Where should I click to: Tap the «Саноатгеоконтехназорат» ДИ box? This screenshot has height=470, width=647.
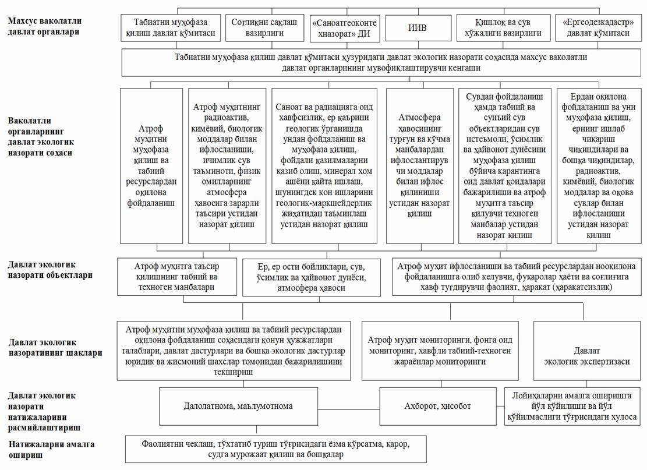click(x=345, y=28)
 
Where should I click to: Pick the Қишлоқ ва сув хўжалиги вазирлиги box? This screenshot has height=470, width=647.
click(x=503, y=28)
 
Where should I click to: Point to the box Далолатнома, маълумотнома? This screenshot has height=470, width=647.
click(x=268, y=406)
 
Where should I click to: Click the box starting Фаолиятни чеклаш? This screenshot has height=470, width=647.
click(x=271, y=448)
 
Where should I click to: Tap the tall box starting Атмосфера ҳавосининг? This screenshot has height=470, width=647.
click(x=419, y=165)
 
